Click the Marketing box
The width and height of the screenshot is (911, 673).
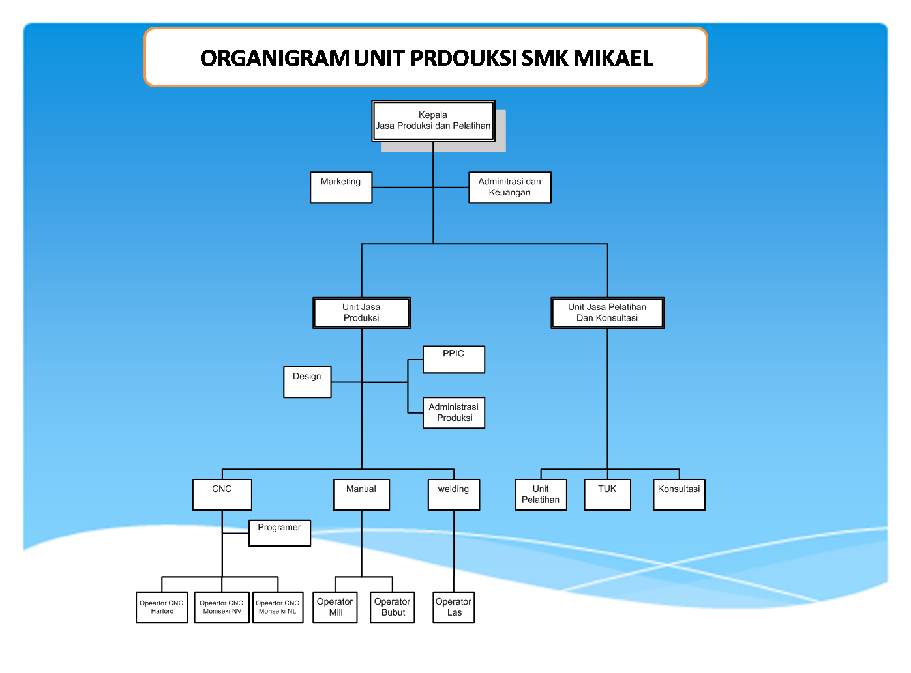341,188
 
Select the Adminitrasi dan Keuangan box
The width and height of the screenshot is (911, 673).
510,188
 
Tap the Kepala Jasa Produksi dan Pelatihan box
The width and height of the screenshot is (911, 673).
433,121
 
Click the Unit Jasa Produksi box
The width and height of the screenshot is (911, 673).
361,313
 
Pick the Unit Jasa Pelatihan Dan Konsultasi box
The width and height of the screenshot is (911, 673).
607,313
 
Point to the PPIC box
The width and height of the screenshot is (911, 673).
454,359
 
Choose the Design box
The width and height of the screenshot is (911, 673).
307,382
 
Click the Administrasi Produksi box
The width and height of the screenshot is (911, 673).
454,412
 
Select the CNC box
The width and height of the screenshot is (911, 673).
222,494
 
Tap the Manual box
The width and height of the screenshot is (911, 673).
361,494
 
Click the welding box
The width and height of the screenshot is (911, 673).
454,494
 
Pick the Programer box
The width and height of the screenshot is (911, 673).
279,533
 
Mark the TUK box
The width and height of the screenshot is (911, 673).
607,494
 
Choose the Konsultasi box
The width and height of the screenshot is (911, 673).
679,494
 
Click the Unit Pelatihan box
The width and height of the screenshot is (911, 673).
541,494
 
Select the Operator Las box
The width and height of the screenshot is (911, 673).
454,607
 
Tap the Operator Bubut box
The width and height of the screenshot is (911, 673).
393,607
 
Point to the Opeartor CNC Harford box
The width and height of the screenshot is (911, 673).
162,607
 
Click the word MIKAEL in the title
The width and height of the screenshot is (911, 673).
613,58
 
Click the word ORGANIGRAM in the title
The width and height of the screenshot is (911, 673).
275,58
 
